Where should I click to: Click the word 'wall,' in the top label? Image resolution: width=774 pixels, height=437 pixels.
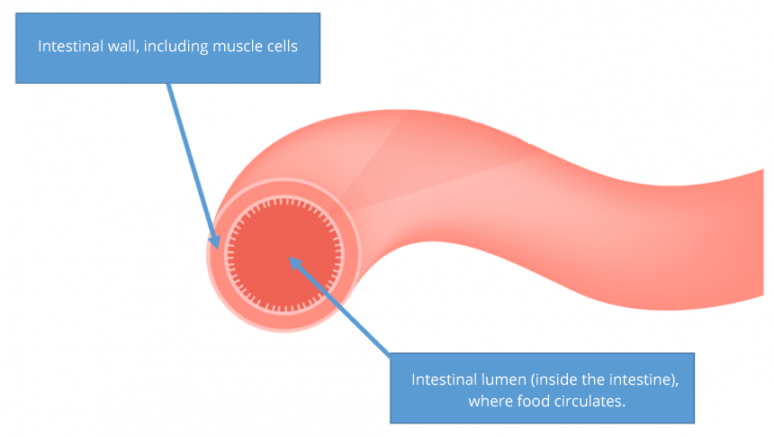click(x=121, y=47)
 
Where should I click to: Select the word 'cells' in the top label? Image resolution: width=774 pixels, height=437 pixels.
click(x=280, y=47)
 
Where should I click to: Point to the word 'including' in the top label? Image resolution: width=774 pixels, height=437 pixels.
click(x=175, y=47)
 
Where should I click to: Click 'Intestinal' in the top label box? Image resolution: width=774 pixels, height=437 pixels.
click(x=68, y=47)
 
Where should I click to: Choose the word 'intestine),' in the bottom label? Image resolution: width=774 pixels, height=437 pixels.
click(x=643, y=379)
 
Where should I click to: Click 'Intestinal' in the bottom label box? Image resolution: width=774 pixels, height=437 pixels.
click(x=442, y=379)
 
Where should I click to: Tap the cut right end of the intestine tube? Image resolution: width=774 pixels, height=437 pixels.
click(x=762, y=233)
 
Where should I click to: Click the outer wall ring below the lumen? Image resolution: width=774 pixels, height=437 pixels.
click(x=284, y=323)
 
